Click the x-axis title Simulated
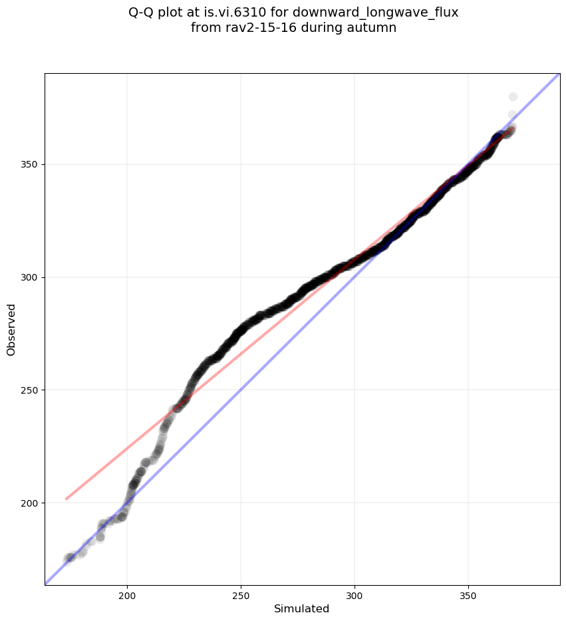[x=302, y=609]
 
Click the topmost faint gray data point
[x=513, y=97]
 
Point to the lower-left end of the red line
[x=65, y=499]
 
